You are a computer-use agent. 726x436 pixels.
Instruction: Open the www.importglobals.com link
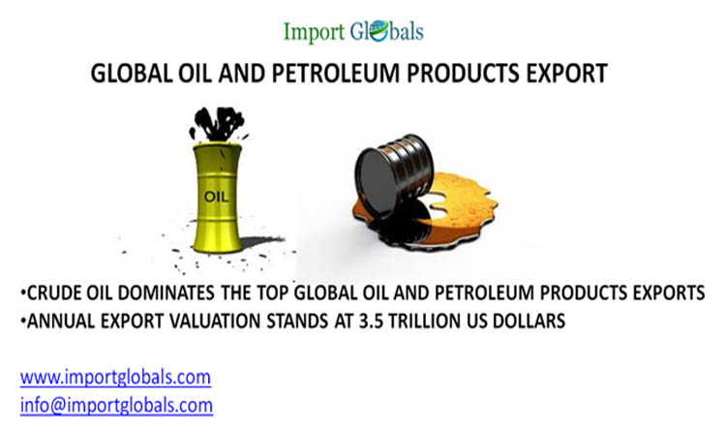click(114, 377)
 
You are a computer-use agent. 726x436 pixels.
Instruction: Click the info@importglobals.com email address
click(116, 403)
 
